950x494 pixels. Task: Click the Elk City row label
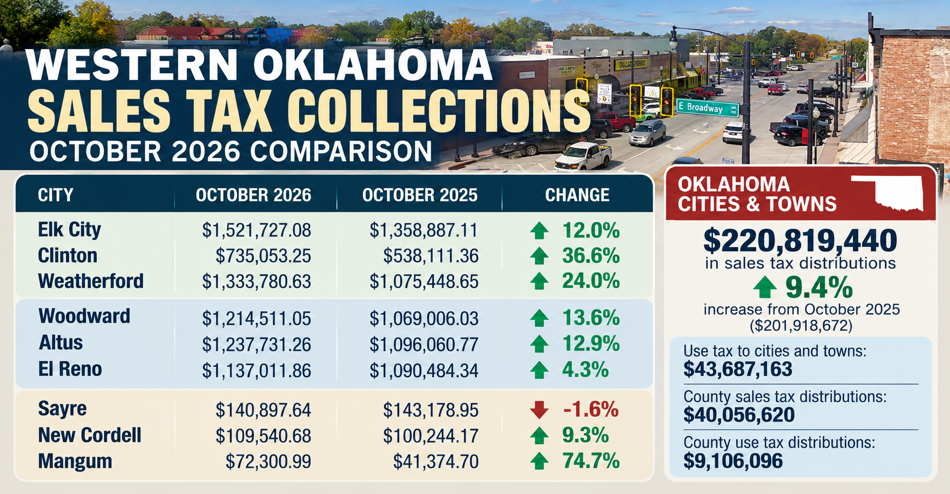69,230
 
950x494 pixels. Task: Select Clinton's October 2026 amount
263,255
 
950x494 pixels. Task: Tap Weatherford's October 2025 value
424,282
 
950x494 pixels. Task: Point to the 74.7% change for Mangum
591,461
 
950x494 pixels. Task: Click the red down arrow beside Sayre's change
539,409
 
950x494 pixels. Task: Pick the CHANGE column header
577,195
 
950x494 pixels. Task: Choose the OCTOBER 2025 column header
420,195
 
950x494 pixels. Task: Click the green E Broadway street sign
707,108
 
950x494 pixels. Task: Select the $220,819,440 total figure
800,240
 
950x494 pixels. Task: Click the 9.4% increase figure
818,287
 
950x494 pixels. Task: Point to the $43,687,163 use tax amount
737,370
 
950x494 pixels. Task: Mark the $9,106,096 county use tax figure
733,461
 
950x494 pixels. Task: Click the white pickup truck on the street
583,156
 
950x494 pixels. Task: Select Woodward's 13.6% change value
591,318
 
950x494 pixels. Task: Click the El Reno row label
70,370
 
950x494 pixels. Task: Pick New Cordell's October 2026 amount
263,436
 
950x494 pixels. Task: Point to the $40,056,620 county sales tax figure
739,415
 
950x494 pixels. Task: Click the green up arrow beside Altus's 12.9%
539,344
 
